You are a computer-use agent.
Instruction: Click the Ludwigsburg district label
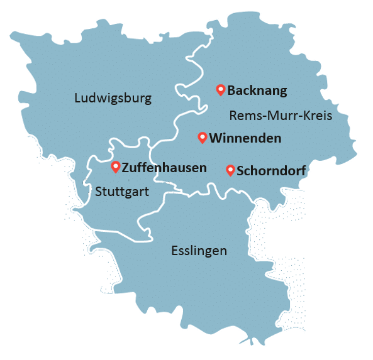[113, 98]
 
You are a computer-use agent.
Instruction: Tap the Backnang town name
[257, 90]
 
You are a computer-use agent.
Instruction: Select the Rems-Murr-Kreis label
[280, 116]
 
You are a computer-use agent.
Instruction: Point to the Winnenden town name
[245, 138]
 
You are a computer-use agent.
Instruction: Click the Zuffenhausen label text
[164, 168]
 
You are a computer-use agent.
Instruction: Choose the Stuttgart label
[122, 191]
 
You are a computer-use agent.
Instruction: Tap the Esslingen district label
[199, 251]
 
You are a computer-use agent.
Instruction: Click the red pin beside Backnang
[220, 89]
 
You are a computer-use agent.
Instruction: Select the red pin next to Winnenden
[202, 137]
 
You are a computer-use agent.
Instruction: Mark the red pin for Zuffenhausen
[115, 166]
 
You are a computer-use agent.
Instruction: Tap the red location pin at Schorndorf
[230, 170]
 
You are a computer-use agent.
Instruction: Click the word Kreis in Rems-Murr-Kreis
[316, 116]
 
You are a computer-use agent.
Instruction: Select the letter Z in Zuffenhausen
[126, 168]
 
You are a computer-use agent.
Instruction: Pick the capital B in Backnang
[231, 90]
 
